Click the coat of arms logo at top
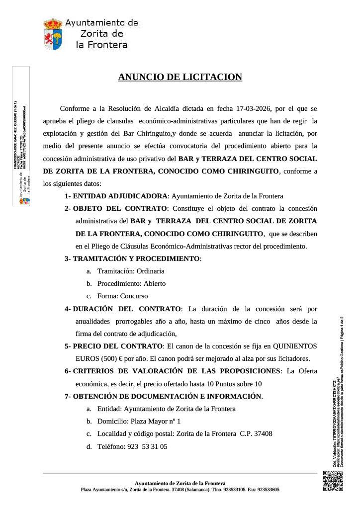point(53,34)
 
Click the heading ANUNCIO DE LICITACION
point(180,77)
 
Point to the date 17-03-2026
point(255,108)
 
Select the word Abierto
point(152,283)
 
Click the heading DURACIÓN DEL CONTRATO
point(127,309)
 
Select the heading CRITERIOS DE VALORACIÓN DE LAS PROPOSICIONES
point(177,371)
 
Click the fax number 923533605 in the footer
point(266,490)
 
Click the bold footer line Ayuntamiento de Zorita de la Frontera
point(180,483)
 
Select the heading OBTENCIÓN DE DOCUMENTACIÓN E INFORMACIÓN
point(167,396)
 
